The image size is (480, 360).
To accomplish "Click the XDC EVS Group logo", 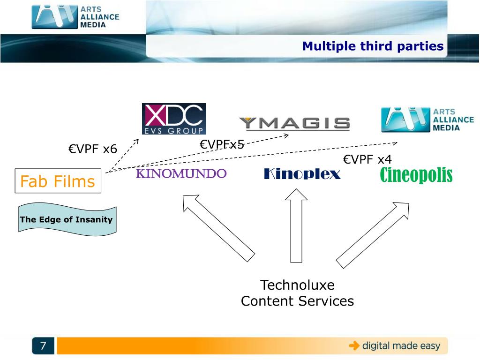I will coord(174,119).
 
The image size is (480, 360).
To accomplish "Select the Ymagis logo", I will coord(294,123).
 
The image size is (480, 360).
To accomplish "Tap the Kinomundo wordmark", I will coord(181,174).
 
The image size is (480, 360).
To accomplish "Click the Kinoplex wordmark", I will coord(302,174).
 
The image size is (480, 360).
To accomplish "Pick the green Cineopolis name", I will coord(416,175).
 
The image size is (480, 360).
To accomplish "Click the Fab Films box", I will coord(58,181).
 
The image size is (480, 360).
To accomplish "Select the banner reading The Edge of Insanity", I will coord(67,219).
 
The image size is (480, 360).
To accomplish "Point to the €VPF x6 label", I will coord(92,150).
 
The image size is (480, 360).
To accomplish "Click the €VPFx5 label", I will coord(222,144).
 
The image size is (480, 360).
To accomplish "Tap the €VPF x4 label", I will coord(367,159).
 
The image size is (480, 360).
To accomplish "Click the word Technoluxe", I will coord(297,285).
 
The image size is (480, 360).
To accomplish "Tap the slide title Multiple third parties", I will coord(373,46).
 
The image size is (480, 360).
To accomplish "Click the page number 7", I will coord(43,346).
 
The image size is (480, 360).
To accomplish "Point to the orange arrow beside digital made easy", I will coord(354,346).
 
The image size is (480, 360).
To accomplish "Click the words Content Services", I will coord(297,301).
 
